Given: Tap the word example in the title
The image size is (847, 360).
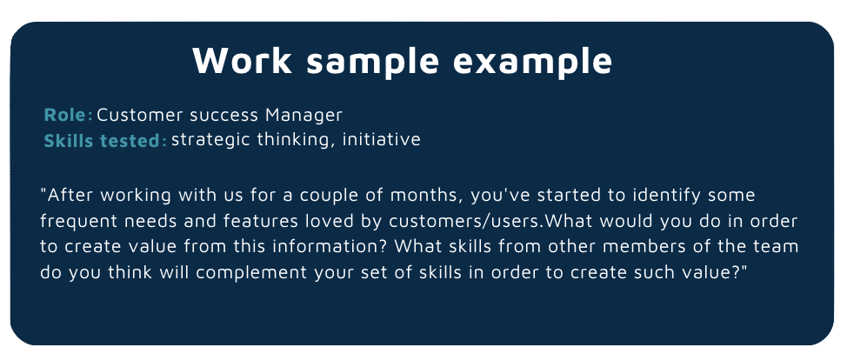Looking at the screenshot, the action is coord(532,62).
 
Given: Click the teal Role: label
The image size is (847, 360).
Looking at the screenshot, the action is coord(68,115).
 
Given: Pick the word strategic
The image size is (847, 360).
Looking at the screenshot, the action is coord(211,139).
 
